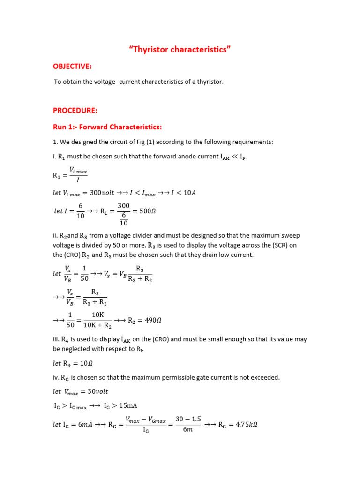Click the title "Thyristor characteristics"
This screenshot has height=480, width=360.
(180, 50)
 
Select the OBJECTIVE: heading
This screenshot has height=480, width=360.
(72, 67)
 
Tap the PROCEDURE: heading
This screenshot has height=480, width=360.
(75, 111)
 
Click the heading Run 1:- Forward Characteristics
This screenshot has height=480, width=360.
(107, 127)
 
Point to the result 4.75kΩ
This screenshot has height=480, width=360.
(247, 425)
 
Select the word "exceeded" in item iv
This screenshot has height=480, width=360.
(264, 377)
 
